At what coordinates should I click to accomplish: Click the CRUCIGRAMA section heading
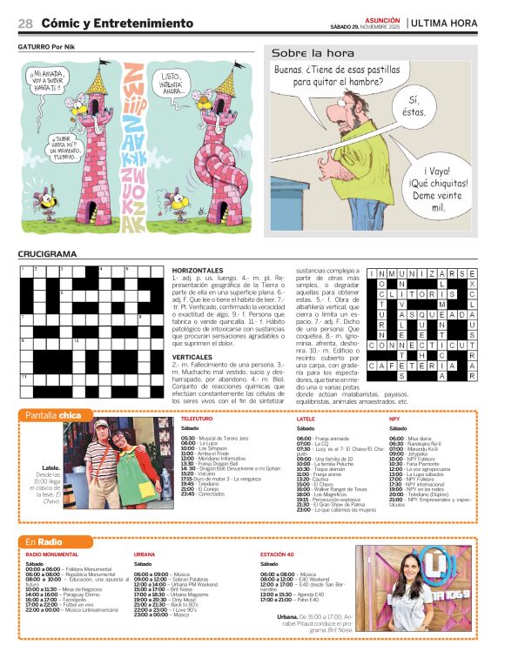[47, 254]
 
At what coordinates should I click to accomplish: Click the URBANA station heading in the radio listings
[145, 554]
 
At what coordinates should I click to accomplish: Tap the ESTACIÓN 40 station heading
[279, 554]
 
